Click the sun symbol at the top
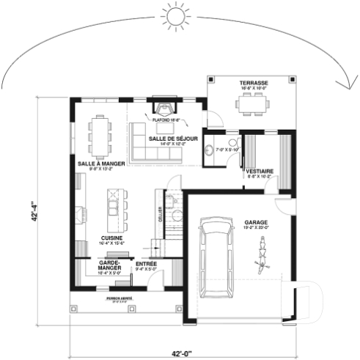pos(176,15)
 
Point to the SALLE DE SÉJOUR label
pos(172,138)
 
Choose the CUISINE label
pos(111,238)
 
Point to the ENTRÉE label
pos(146,262)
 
